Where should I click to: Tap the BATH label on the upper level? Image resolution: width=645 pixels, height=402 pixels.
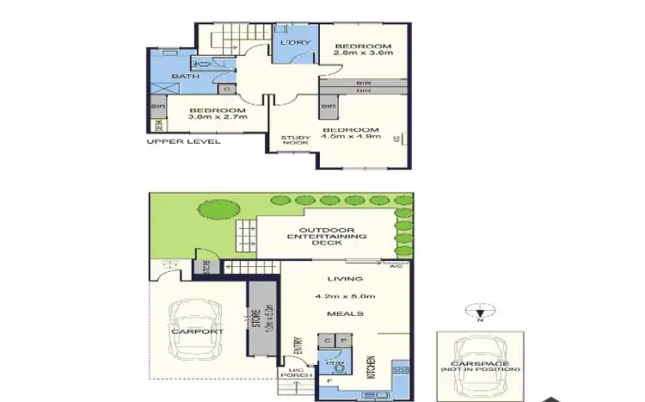pyautogui.click(x=186, y=77)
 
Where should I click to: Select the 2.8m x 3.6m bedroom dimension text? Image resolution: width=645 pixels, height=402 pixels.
pyautogui.click(x=363, y=54)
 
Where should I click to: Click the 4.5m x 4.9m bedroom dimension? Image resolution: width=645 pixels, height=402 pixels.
pyautogui.click(x=351, y=138)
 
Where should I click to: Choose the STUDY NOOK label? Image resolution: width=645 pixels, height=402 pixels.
pyautogui.click(x=295, y=141)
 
